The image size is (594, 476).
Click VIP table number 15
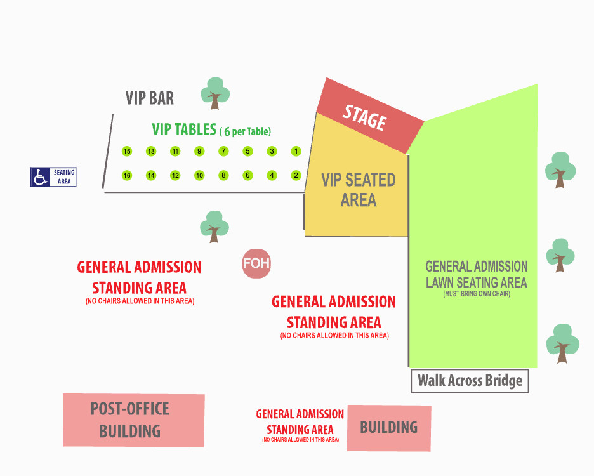click(x=127, y=151)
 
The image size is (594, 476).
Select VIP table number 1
click(x=296, y=151)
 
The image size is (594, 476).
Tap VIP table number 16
click(x=127, y=175)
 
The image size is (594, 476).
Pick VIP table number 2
click(x=296, y=175)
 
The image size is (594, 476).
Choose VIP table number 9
click(x=199, y=151)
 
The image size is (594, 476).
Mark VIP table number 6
click(x=247, y=175)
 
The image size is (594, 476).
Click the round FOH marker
click(x=257, y=263)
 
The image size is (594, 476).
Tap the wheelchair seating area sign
click(x=54, y=177)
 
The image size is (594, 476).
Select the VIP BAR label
click(x=149, y=98)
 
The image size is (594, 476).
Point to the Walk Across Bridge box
click(x=470, y=381)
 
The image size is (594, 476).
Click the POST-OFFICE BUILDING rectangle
click(x=133, y=420)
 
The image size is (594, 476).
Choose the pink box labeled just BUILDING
click(x=389, y=428)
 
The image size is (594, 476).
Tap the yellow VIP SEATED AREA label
click(x=358, y=190)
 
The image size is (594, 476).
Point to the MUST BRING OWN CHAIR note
click(x=476, y=294)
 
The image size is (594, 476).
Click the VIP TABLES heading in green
click(x=184, y=129)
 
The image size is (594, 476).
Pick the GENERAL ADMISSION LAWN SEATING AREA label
click(x=476, y=274)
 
